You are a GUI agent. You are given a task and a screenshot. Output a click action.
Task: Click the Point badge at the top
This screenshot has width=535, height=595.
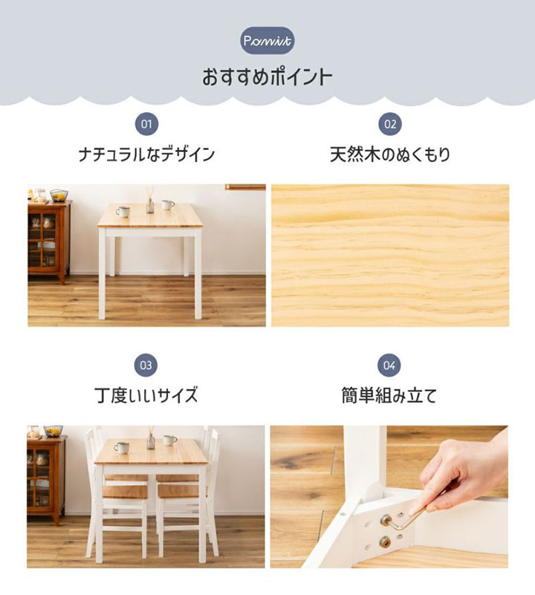pos(267,40)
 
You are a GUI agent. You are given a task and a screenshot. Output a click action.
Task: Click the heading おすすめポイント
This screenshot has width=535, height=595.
pos(267,77)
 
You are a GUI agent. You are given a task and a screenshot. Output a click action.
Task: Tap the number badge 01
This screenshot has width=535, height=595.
pos(146,123)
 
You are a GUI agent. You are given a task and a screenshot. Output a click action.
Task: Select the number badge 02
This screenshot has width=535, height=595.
pos(390,123)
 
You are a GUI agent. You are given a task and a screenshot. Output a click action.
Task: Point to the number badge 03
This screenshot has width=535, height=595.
pos(146,365)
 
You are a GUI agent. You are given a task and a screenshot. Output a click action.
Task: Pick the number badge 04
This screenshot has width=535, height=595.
pos(390,365)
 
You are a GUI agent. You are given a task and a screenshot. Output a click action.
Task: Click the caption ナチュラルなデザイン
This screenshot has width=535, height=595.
pos(146,155)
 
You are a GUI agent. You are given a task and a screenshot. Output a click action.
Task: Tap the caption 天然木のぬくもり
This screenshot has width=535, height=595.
pos(390,155)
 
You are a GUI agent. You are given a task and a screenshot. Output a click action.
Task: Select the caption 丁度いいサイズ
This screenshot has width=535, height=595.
pos(146,395)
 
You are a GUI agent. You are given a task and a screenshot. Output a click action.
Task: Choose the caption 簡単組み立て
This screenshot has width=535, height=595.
pos(390,395)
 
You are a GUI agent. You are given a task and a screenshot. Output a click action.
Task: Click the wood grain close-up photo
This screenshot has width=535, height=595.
pos(390,255)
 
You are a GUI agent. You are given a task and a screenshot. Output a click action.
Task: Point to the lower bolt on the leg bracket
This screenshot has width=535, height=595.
pos(387,540)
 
